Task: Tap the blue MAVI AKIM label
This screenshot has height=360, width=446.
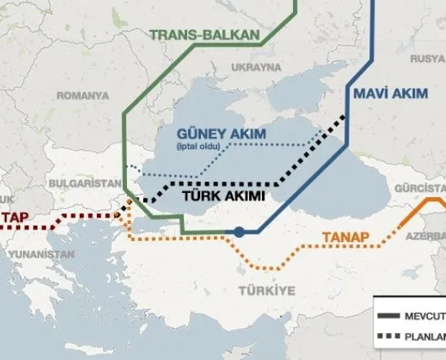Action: click(391, 94)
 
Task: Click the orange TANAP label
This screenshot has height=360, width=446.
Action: click(346, 238)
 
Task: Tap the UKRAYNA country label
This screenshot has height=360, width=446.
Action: click(258, 68)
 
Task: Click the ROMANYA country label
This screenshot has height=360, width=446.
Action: click(82, 96)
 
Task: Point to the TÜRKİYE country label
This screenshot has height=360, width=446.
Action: click(266, 291)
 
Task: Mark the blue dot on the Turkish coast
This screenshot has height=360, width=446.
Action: click(239, 232)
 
